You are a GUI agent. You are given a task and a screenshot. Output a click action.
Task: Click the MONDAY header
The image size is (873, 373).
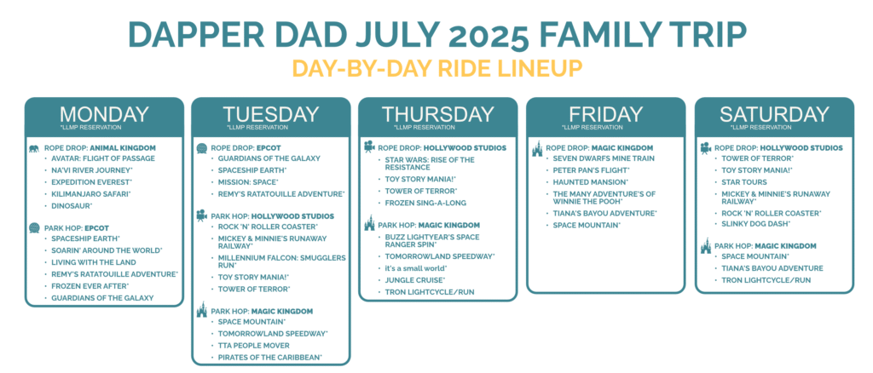click(104, 114)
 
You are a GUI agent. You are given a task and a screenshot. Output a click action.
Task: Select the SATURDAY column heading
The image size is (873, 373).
click(774, 114)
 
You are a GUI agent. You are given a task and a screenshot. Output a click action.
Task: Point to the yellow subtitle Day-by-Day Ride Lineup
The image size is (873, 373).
click(437, 68)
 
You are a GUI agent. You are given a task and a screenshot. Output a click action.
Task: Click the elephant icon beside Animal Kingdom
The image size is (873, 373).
click(33, 148)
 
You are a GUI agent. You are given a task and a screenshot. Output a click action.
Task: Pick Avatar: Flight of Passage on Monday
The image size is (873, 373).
click(103, 158)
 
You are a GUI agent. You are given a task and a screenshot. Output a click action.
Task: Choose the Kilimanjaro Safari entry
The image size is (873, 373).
click(90, 194)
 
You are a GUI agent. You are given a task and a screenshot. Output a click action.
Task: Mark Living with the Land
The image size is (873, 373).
click(94, 261)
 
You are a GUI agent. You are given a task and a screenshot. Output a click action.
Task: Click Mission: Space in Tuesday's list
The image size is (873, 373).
click(248, 181)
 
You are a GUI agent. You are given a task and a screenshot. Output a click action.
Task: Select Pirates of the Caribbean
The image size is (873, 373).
click(270, 357)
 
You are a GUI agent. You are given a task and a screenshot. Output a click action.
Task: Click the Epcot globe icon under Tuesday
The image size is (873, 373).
click(201, 149)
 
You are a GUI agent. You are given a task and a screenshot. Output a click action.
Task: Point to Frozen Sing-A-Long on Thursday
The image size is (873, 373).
click(425, 203)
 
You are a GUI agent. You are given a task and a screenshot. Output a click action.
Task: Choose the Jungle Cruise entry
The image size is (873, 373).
click(415, 279)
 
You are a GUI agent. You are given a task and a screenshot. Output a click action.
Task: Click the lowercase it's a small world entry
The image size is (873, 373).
click(416, 268)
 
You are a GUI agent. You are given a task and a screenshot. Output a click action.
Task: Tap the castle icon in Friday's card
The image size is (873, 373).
click(537, 149)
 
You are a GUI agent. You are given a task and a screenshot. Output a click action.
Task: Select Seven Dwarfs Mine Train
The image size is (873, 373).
click(596, 158)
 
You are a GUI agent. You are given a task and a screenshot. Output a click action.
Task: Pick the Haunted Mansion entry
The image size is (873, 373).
click(590, 181)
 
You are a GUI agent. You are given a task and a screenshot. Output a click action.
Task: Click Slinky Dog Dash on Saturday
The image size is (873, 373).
click(752, 223)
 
